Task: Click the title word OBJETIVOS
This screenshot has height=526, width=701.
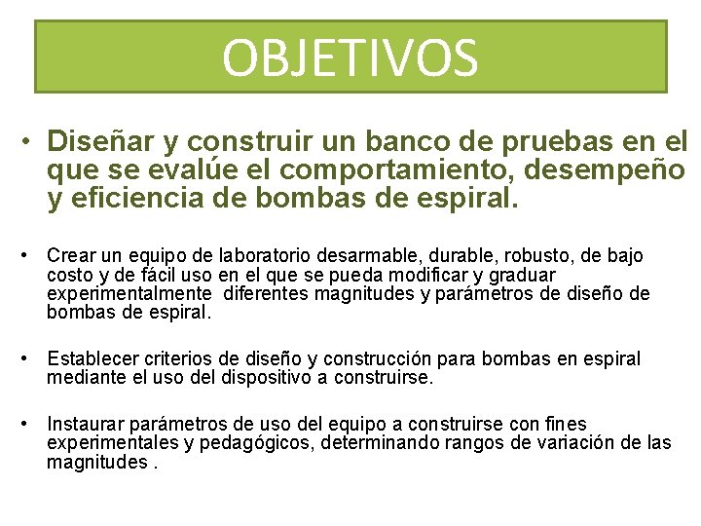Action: (x=350, y=57)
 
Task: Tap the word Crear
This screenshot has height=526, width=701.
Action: (x=69, y=256)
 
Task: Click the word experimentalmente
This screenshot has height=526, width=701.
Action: (x=129, y=293)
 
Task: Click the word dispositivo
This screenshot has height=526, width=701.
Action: (x=253, y=378)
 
